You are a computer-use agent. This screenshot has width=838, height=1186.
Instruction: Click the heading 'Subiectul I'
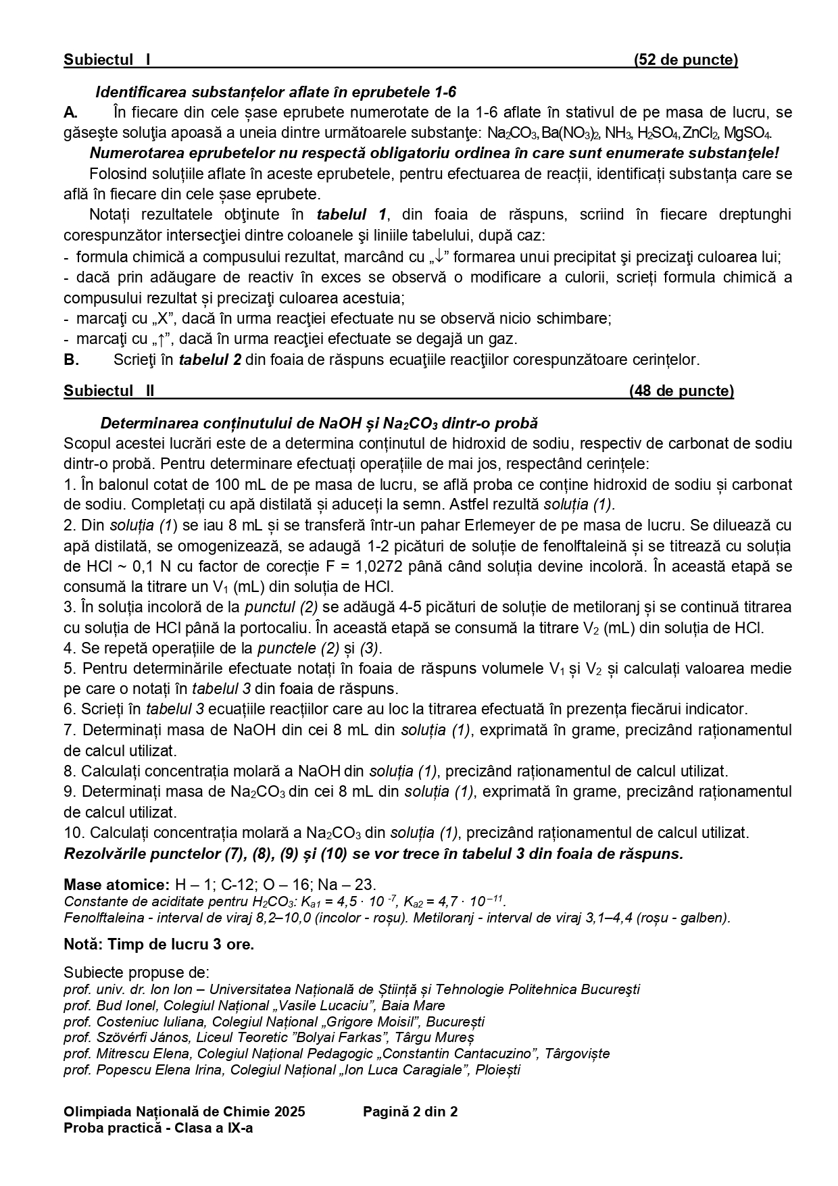(107, 59)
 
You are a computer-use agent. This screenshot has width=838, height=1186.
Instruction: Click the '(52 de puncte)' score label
(685, 59)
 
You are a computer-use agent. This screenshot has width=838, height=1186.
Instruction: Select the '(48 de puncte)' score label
(681, 391)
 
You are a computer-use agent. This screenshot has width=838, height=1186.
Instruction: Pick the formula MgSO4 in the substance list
(747, 132)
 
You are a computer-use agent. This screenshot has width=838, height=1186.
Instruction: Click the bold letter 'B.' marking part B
(72, 360)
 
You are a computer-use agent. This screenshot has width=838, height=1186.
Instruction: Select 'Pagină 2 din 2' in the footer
(410, 1112)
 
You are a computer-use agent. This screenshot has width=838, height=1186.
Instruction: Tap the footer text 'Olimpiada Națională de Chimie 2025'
(184, 1112)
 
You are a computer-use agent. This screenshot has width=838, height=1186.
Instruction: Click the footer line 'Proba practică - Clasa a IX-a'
(158, 1128)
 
